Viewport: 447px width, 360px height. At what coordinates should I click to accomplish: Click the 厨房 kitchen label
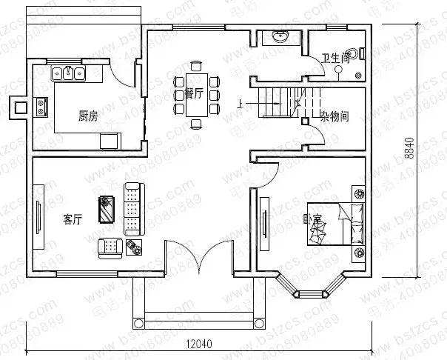(x=88, y=116)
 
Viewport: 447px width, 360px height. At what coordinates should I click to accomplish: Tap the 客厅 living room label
(x=72, y=219)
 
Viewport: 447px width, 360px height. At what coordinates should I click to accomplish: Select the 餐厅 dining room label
(x=195, y=93)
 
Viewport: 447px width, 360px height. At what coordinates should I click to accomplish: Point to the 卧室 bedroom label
(x=312, y=219)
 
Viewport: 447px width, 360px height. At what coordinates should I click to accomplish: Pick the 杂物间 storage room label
(x=334, y=116)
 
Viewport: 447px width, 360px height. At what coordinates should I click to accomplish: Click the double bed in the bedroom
(x=337, y=223)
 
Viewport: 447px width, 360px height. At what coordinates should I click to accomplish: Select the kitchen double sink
(x=69, y=73)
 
